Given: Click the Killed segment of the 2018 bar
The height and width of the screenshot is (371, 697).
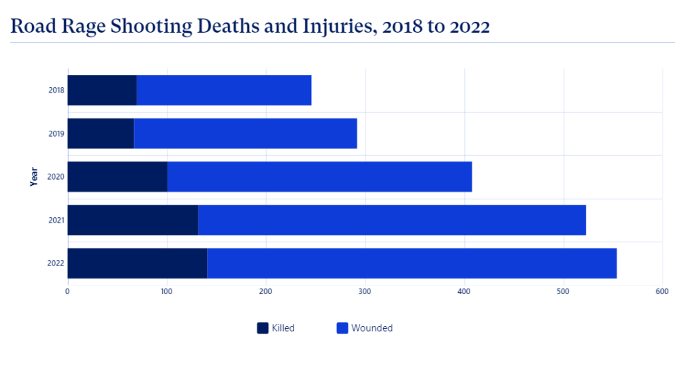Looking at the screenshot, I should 101,91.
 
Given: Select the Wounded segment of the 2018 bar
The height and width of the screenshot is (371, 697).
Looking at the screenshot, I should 224,91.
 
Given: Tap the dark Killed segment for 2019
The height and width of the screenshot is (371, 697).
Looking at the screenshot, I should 100,133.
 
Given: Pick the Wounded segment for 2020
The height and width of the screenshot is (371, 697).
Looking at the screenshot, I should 319,177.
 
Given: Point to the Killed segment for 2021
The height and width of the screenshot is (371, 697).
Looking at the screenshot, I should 132,220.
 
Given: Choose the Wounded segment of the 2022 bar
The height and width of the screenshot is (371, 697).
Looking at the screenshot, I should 412,263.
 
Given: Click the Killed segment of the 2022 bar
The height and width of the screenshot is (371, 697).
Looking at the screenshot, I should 137,263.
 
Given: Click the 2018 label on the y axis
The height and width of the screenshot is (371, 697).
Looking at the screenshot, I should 56,91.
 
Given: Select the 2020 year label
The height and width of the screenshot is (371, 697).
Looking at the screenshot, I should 56,177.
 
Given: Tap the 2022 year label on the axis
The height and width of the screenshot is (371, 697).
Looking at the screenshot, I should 56,263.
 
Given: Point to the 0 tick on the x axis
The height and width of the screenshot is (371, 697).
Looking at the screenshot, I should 67,291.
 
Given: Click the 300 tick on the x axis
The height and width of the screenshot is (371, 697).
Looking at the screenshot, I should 365,291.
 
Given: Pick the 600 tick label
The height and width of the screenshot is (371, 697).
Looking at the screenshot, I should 662,291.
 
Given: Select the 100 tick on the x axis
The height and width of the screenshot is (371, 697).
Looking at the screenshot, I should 166,291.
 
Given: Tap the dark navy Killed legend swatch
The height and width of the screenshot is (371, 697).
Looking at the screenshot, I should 263,328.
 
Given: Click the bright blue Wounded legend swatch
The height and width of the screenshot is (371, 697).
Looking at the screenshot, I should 342,328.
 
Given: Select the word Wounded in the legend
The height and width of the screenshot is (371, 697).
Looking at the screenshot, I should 372,328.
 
